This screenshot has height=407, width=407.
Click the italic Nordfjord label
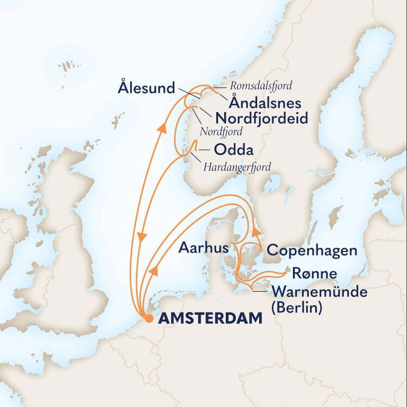pos(220,131)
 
